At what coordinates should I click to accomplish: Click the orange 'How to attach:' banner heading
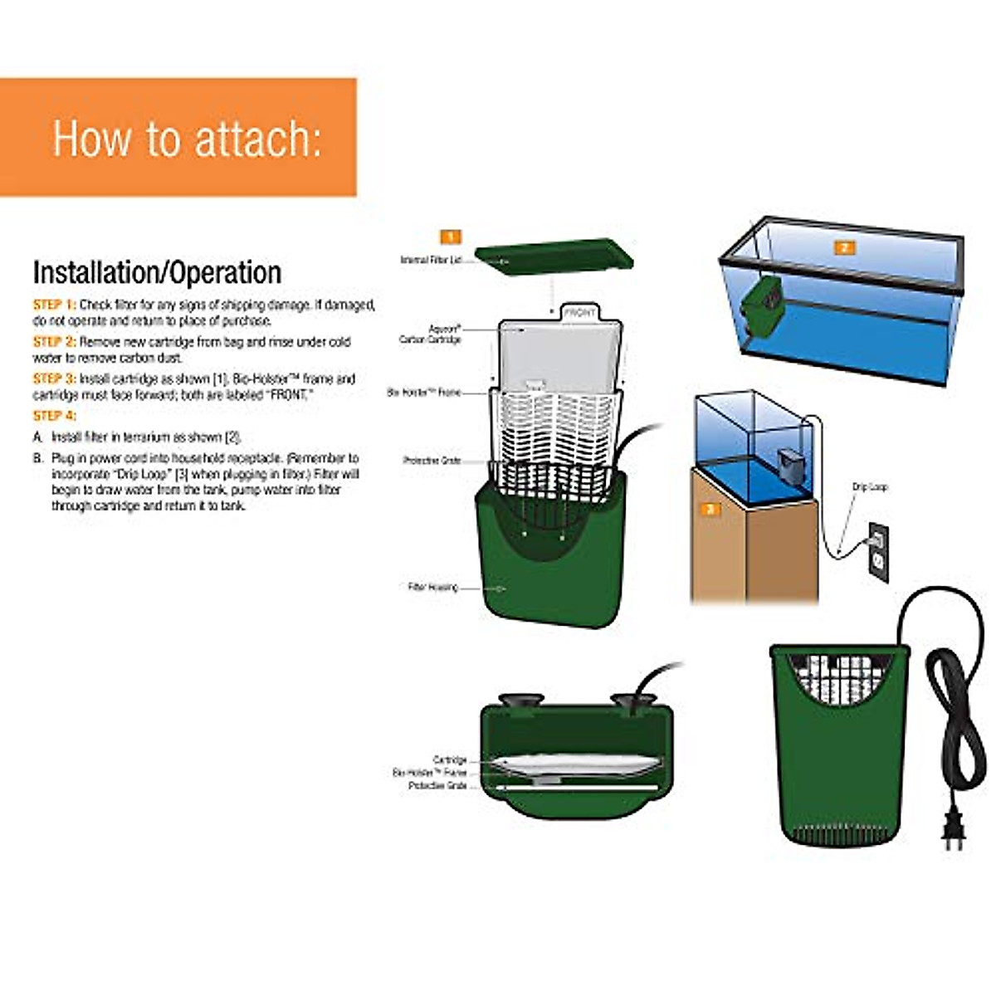187,138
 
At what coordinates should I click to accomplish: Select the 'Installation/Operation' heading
157,273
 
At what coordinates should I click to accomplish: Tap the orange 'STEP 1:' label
54,305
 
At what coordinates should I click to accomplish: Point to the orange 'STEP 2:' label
54,342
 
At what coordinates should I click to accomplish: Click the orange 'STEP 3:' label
54,379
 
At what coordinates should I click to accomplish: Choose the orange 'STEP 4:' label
54,416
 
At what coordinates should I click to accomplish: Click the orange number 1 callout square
450,237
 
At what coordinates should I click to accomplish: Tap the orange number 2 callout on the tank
844,247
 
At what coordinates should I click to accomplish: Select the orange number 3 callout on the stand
710,509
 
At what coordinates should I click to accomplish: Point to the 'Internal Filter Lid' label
430,261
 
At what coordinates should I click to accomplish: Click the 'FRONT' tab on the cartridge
579,313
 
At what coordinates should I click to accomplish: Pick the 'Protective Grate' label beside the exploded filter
432,461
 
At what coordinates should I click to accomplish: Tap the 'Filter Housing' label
432,588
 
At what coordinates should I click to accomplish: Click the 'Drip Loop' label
870,487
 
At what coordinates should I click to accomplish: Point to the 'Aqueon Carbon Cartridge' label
430,334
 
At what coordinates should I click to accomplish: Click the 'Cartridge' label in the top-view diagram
450,760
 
